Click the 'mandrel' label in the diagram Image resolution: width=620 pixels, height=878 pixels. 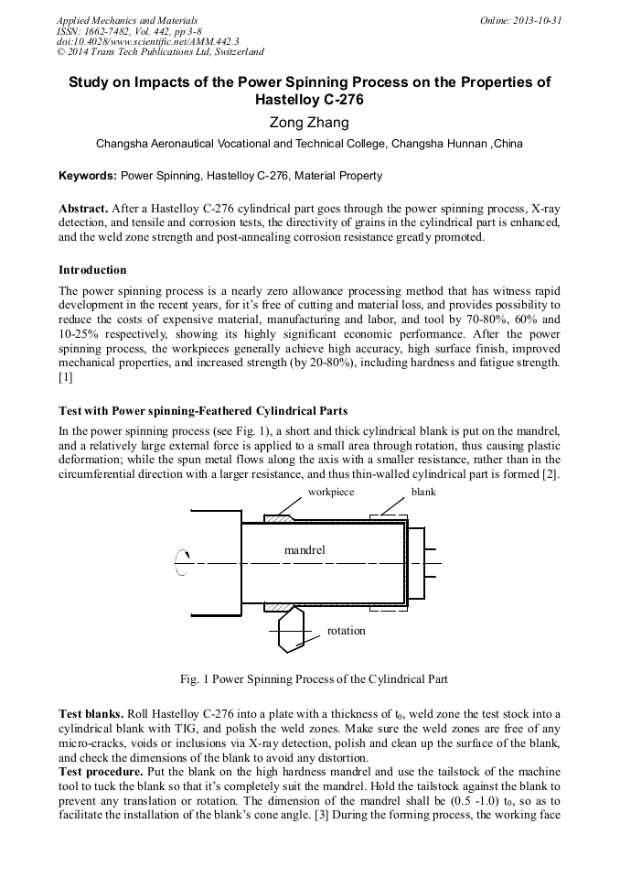[x=305, y=549]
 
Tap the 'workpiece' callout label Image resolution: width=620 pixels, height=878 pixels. [x=330, y=492]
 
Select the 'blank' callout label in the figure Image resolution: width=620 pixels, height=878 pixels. [x=423, y=492]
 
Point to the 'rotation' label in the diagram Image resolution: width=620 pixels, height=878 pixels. [x=346, y=630]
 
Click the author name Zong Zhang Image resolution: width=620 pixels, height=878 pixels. [x=310, y=122]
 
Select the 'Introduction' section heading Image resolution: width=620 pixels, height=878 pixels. [x=92, y=270]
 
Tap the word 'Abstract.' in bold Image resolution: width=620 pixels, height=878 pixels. [x=83, y=208]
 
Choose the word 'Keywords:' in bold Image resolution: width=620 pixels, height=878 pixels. [x=88, y=175]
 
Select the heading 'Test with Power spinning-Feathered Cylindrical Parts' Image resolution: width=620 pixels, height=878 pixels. [x=202, y=409]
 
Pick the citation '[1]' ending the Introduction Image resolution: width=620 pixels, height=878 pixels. [x=65, y=376]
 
